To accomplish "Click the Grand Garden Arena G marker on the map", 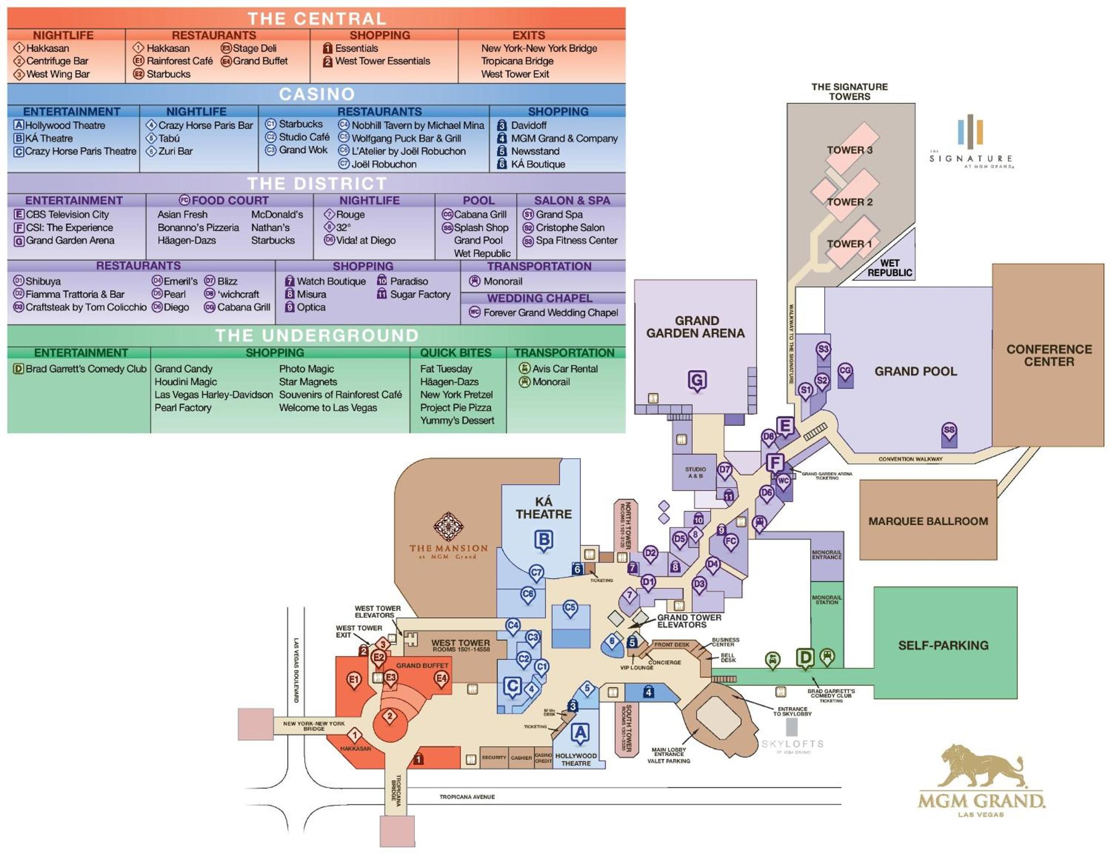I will (x=697, y=380).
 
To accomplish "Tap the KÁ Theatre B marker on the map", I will (x=544, y=540).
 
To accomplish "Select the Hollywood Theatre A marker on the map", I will (x=580, y=733).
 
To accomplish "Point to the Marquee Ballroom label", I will (x=928, y=521).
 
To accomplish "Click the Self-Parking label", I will (x=943, y=646).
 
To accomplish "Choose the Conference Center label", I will (x=1049, y=355).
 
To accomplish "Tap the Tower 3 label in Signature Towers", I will (x=849, y=150).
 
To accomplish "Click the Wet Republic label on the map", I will (x=890, y=268).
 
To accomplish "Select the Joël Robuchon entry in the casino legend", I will (x=384, y=164).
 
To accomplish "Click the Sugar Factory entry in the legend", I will (x=420, y=294).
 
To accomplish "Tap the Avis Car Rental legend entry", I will (x=565, y=369).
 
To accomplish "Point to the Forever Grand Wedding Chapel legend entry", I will (x=551, y=312).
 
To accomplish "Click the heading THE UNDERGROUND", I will (x=316, y=336).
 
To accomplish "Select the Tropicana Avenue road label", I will (x=467, y=797).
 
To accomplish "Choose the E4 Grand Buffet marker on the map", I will (x=441, y=679).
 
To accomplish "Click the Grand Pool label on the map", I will (x=915, y=371).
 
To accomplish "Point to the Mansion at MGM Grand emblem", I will (x=448, y=527).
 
